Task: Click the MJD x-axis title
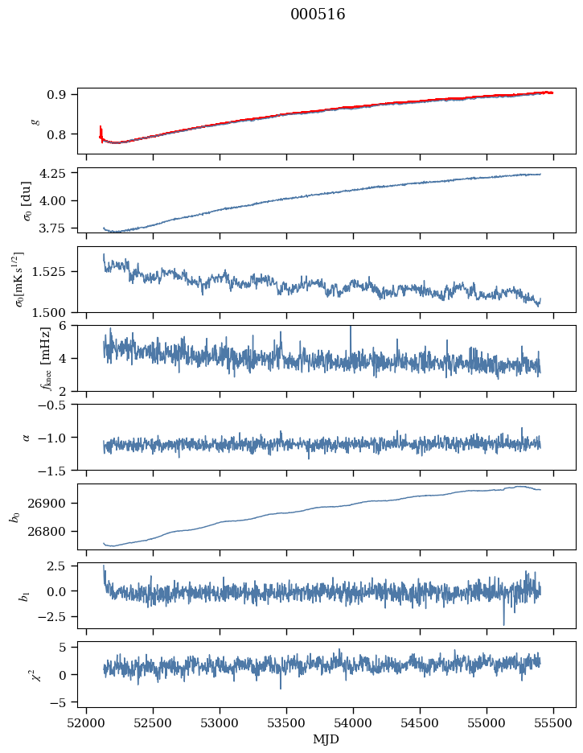(326, 739)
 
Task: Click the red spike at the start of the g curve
(101, 131)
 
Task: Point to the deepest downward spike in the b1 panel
(504, 623)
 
